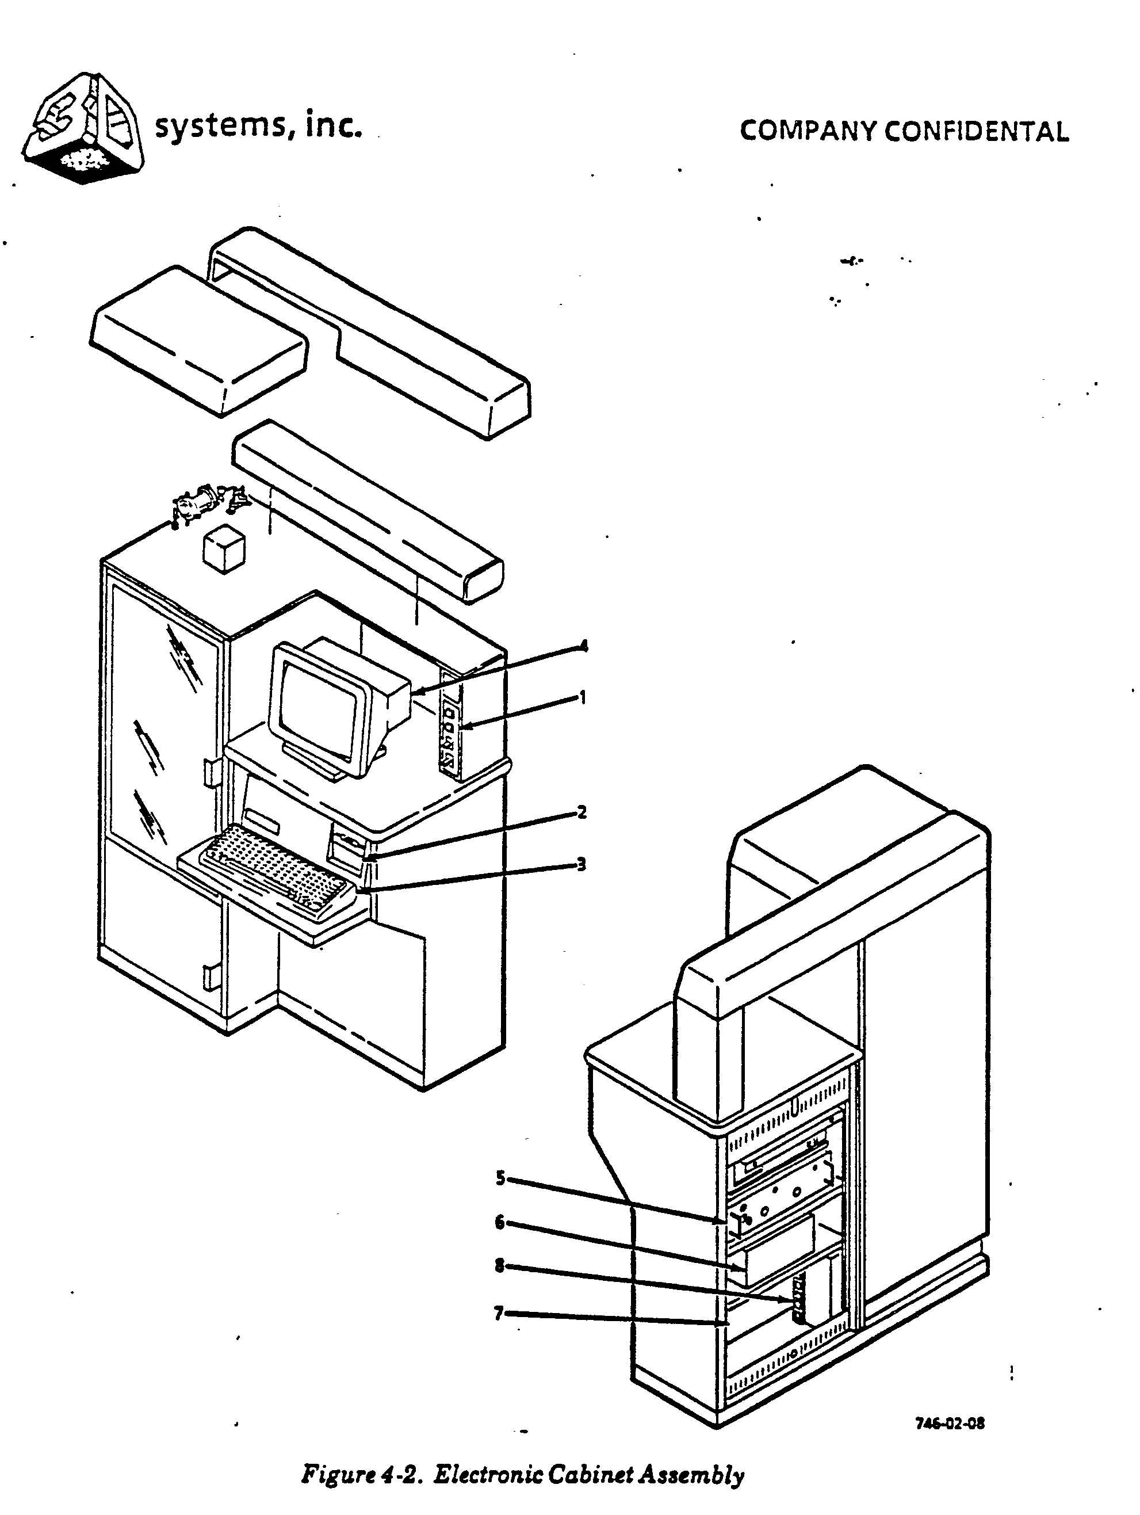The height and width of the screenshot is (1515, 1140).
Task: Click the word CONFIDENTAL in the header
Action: click(975, 132)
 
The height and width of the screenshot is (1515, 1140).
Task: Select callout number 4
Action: click(583, 646)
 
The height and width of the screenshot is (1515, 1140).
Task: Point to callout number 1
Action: click(583, 698)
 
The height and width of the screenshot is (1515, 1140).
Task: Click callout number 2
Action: click(582, 812)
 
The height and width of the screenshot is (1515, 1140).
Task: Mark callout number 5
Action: click(500, 1178)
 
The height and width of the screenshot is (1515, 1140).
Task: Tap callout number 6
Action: click(500, 1223)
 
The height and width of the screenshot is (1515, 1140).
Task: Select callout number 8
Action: click(500, 1266)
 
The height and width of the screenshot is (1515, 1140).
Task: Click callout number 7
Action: click(499, 1313)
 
